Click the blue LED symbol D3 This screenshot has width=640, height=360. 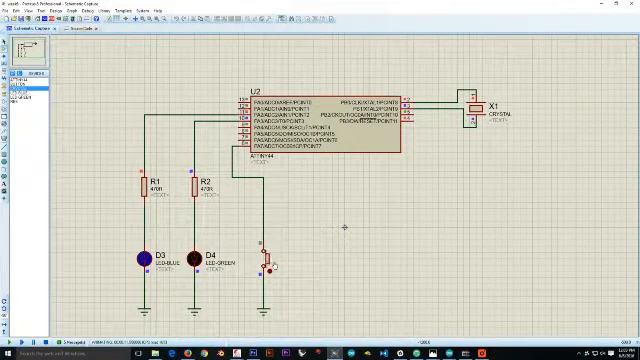[144, 259]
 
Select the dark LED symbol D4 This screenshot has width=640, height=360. [194, 259]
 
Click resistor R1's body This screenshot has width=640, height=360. [144, 186]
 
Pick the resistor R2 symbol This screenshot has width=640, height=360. [194, 186]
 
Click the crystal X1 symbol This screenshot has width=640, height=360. [476, 109]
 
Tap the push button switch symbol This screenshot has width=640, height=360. [266, 262]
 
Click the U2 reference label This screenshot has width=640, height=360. [255, 92]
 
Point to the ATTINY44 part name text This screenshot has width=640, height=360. [261, 156]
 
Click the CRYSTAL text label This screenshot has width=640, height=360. [499, 114]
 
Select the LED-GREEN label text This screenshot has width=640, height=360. [220, 263]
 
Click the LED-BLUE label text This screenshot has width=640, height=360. [168, 263]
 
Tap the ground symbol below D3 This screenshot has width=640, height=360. [144, 312]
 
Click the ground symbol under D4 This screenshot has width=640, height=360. [194, 312]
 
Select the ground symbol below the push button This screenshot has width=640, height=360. [263, 312]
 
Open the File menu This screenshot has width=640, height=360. [5, 11]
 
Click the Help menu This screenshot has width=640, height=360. [158, 11]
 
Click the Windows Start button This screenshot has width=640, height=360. [5, 353]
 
